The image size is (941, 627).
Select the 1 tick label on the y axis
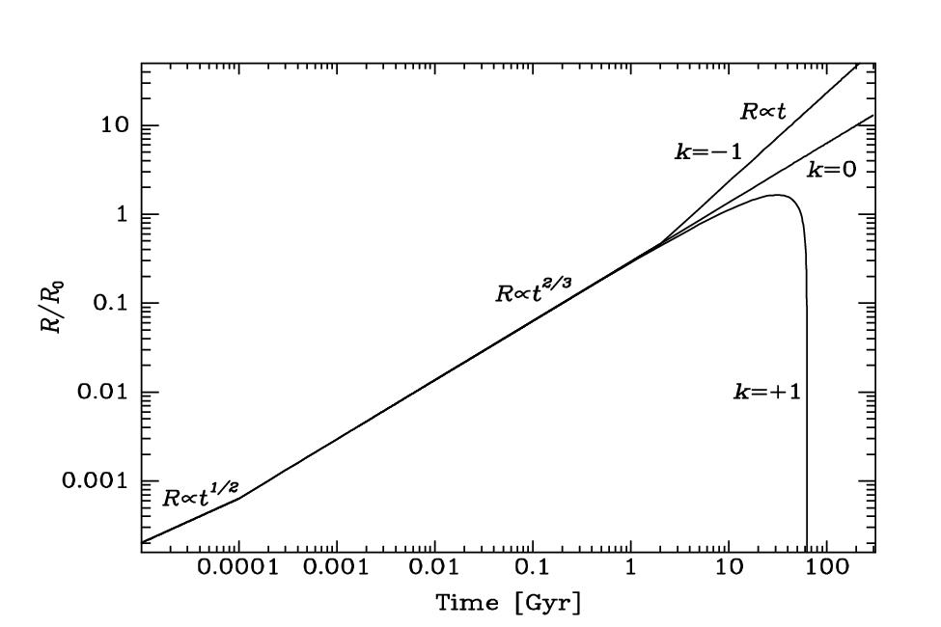[x=120, y=215]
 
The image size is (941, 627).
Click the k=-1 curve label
[x=705, y=151]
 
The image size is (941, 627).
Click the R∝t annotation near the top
[x=763, y=111]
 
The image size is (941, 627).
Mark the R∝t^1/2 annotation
[x=200, y=495]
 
